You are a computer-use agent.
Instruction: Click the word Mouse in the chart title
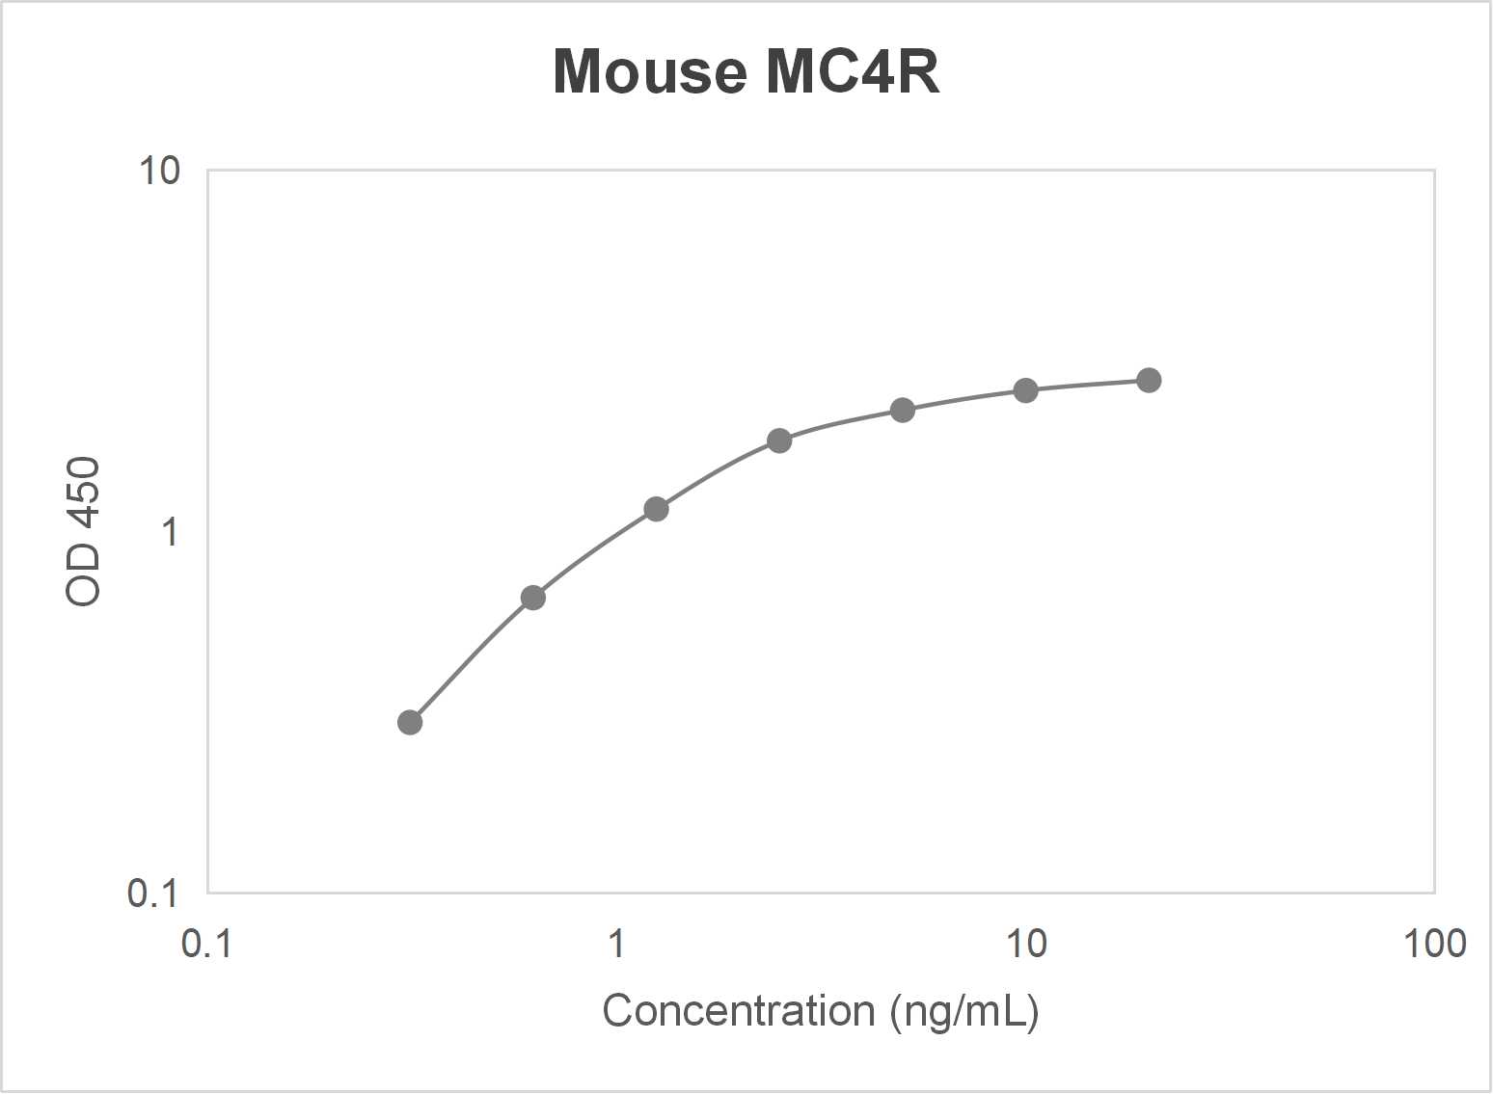pos(649,72)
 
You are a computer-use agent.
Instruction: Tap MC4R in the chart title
pos(853,72)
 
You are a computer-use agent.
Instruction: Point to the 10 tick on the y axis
pos(159,171)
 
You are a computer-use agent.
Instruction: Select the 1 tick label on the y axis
pos(171,531)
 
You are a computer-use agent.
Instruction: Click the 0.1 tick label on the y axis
pos(152,894)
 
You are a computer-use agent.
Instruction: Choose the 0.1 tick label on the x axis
pos(206,944)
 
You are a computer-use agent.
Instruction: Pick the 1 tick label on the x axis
pos(616,944)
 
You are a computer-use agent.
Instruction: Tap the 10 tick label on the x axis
pos(1025,944)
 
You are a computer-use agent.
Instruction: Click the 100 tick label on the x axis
pos(1434,944)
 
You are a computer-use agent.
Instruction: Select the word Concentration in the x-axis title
pos(738,1011)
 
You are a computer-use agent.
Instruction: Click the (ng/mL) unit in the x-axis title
pos(964,1011)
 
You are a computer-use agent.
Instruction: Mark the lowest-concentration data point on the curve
pos(410,722)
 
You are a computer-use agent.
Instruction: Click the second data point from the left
pos(533,598)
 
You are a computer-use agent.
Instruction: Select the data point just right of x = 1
pos(656,509)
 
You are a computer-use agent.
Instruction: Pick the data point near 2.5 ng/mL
pos(779,440)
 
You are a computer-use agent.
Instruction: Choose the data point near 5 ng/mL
pos(902,411)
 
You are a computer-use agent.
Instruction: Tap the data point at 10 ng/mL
pos(1025,390)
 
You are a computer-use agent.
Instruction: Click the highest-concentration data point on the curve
pos(1148,380)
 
